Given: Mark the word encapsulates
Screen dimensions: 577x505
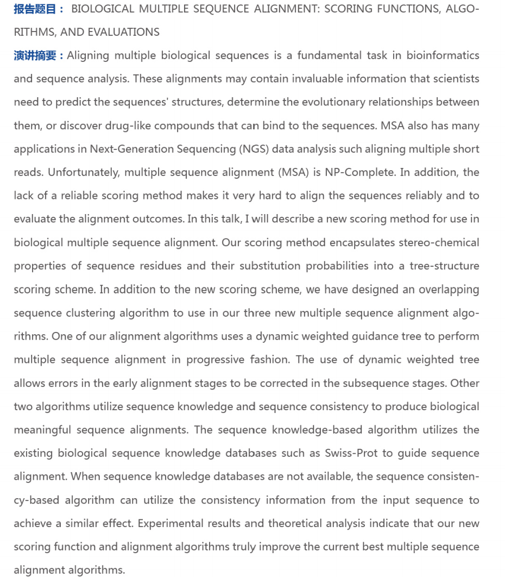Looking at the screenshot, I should [x=362, y=242].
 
